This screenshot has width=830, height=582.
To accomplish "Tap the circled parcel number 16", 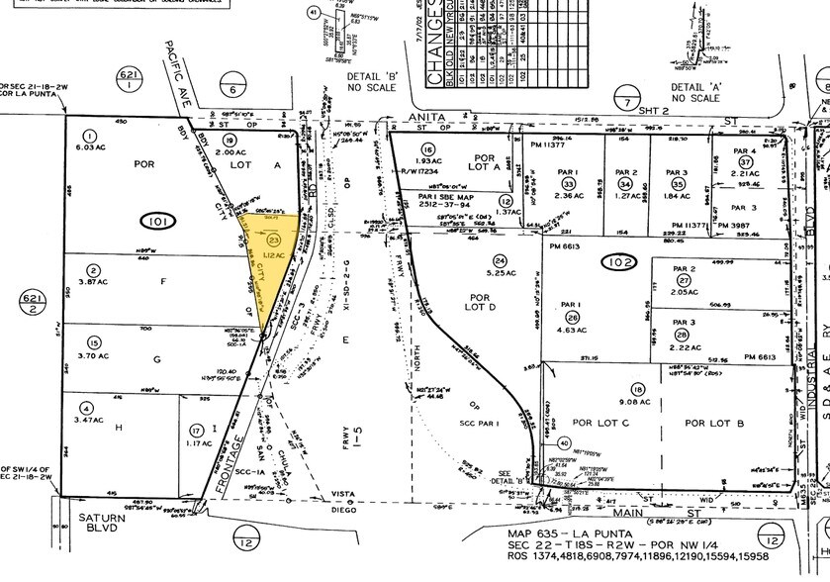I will (428, 147).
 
